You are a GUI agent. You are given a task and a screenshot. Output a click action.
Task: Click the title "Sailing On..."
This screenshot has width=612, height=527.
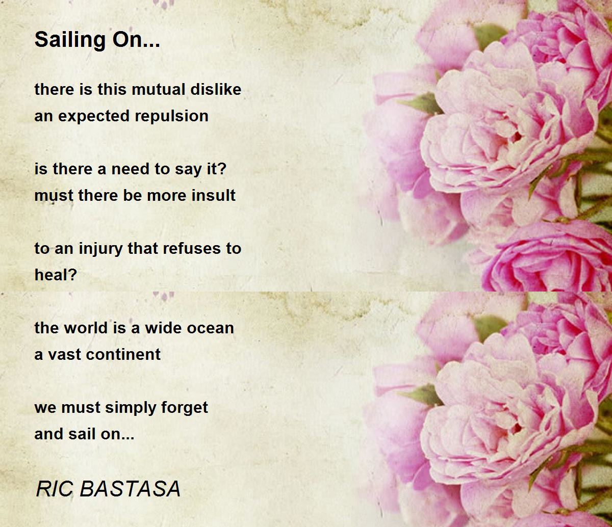coord(97,40)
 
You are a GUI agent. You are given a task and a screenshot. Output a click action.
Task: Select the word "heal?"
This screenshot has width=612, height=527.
coord(56,275)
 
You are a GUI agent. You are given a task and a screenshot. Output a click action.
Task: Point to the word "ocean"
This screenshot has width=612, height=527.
coord(210,328)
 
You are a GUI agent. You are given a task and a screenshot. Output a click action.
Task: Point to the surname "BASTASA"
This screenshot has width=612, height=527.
coord(130,489)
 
